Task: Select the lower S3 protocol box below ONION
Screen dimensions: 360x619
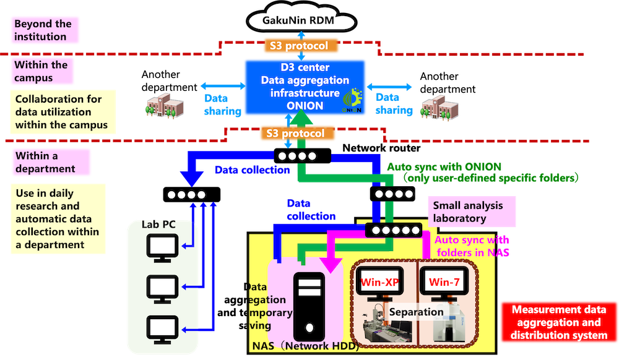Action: tap(295, 133)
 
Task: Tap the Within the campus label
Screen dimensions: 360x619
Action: tap(42, 71)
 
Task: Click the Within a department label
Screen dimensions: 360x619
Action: tap(46, 162)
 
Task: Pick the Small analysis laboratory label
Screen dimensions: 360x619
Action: tap(468, 212)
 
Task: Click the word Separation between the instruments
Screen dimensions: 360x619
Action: tap(416, 312)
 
